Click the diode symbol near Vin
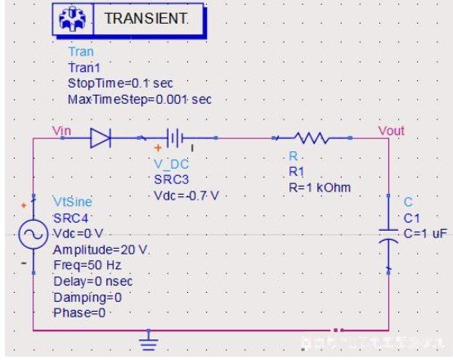click(x=101, y=138)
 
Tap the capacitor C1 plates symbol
click(x=388, y=235)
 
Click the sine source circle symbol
click(x=34, y=234)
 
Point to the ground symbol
click(x=149, y=340)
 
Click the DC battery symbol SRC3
click(x=174, y=138)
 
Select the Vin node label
click(x=61, y=131)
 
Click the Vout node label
click(x=391, y=131)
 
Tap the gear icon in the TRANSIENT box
click(x=73, y=19)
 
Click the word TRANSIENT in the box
click(x=146, y=19)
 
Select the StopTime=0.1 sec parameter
click(x=120, y=83)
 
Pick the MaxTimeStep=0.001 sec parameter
click(x=140, y=100)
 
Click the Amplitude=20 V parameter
click(x=101, y=250)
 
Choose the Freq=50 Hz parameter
click(x=87, y=265)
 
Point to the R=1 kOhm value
click(x=320, y=188)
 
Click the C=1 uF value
click(x=425, y=234)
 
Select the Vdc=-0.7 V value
click(x=186, y=196)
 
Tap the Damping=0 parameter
click(x=87, y=298)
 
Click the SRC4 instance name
click(x=70, y=218)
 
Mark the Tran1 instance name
click(x=84, y=68)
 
